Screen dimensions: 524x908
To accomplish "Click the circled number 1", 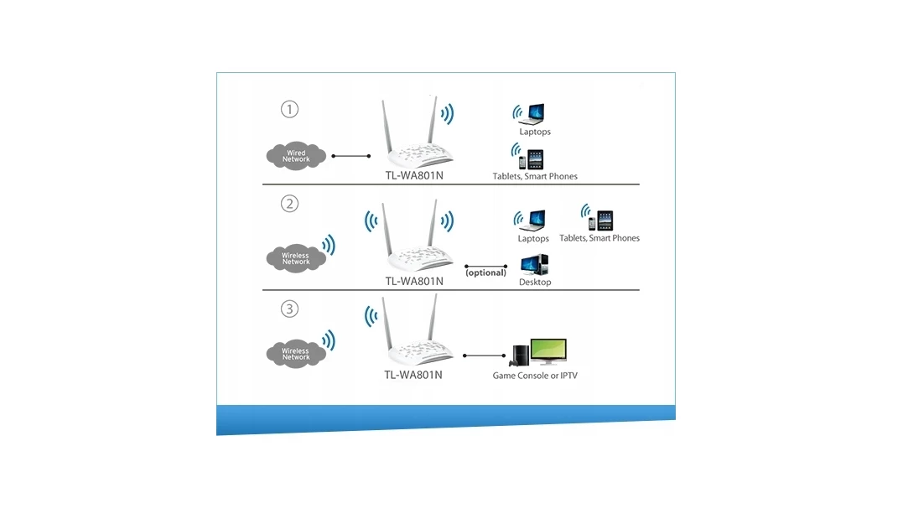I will (289, 109).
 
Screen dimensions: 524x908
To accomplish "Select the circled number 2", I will (289, 204).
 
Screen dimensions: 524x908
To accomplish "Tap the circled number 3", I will (289, 309).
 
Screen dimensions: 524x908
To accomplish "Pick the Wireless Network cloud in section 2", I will (295, 258).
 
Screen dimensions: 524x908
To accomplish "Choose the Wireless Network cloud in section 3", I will (295, 354).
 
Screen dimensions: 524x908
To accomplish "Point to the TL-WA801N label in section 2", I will (413, 282).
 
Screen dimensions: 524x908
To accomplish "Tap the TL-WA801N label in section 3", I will (413, 375).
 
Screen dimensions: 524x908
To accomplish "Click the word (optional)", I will (485, 272).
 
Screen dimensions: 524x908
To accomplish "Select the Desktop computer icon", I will (534, 265).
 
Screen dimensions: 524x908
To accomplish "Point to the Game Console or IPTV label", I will (535, 376).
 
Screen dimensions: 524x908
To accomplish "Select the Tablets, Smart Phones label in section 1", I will (535, 177).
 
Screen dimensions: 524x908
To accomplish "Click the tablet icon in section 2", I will (605, 220).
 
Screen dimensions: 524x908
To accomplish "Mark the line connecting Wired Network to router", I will (351, 156).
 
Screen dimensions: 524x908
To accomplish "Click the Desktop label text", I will (535, 283).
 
